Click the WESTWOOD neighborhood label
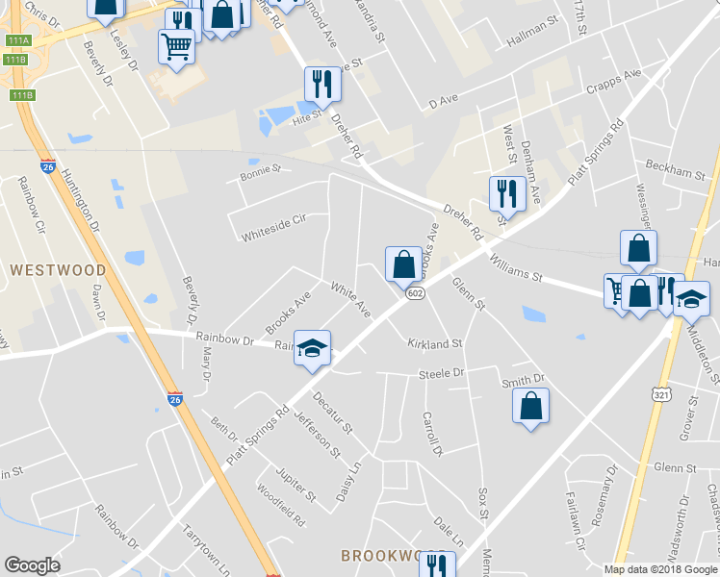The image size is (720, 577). point(59,271)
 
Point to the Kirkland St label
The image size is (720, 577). point(434,343)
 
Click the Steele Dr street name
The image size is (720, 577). point(441,373)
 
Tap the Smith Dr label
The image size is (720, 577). point(524,381)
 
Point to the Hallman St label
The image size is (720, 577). point(532,43)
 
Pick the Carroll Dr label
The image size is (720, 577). point(430,435)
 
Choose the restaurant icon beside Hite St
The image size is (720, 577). point(322,85)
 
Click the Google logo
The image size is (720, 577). point(33,565)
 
